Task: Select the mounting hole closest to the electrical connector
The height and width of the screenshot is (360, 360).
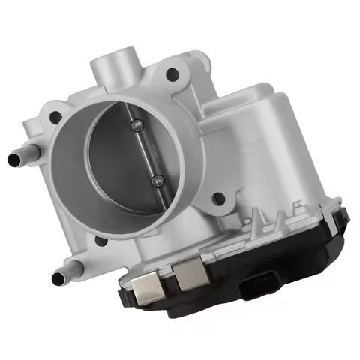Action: click(218, 199)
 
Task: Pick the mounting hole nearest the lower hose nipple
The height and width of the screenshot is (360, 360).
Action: click(100, 241)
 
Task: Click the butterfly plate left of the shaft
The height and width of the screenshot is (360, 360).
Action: click(120, 161)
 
